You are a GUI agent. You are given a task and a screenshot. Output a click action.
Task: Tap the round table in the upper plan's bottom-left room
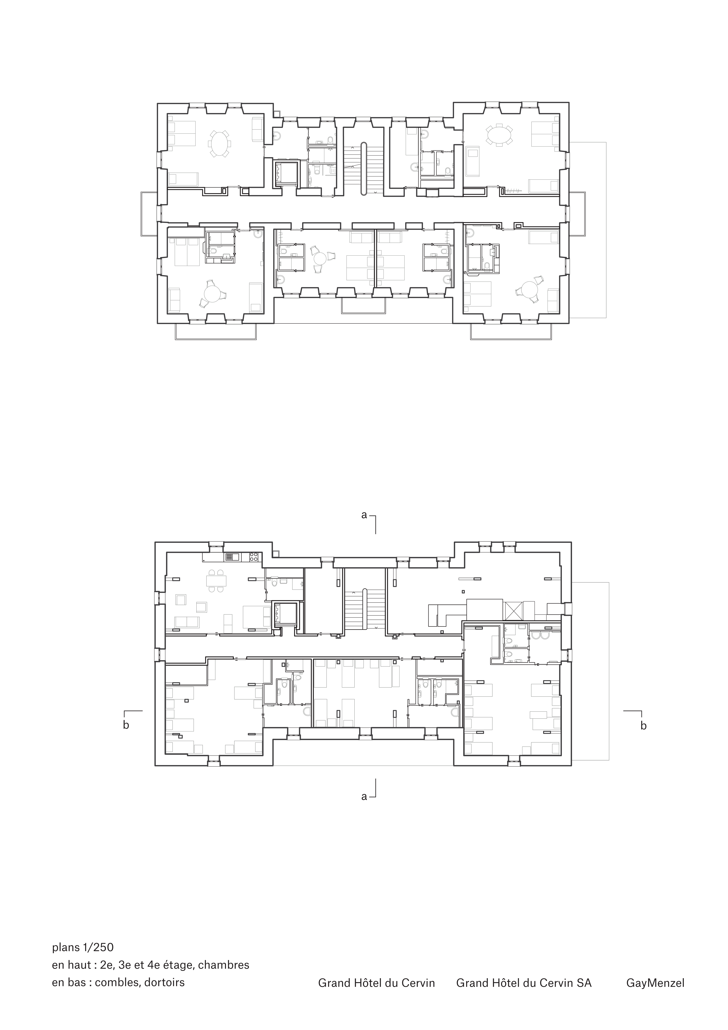(211, 295)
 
